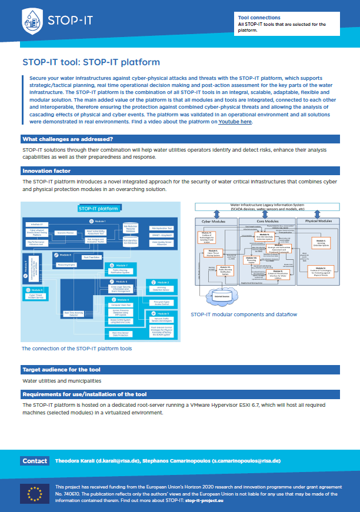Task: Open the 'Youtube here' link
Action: [x=235, y=122]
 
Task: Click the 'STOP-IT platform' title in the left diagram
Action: [x=98, y=209]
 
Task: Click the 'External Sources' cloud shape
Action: [x=219, y=297]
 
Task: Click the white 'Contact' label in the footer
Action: [x=35, y=461]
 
